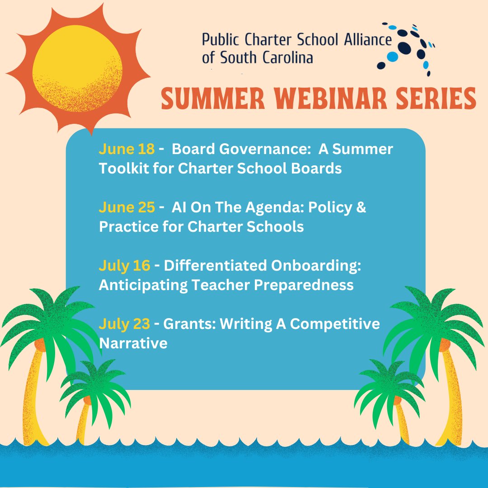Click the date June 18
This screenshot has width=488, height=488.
[127, 149]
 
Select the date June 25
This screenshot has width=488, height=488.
[127, 207]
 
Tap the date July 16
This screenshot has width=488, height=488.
[124, 266]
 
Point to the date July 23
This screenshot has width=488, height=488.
[124, 324]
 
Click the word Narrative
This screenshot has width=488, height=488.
[133, 343]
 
